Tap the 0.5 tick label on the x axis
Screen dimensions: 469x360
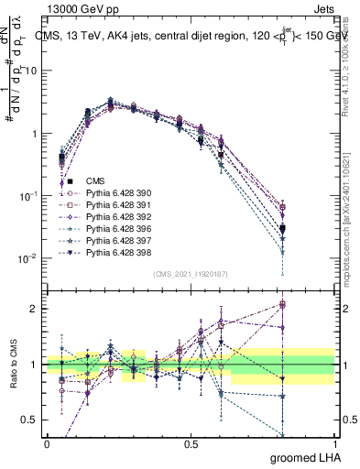191,442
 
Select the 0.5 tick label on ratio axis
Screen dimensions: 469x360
31,420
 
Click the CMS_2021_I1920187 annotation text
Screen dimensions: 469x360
191,273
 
